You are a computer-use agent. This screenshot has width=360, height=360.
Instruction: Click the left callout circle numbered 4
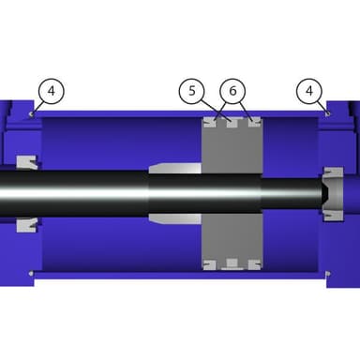[x=52, y=91]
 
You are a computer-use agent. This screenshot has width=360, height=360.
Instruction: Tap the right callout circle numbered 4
[x=309, y=91]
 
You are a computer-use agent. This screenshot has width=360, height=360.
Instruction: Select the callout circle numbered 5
[x=191, y=91]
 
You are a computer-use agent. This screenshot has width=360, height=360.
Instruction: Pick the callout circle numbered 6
[x=232, y=91]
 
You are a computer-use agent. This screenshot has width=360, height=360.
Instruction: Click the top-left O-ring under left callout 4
[x=31, y=114]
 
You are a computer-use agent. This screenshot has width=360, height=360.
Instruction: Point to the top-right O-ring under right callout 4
[x=327, y=113]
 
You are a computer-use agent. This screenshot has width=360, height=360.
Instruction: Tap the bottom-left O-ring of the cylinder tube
[x=31, y=274]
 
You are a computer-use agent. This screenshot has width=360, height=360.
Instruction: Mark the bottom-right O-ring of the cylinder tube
[x=327, y=274]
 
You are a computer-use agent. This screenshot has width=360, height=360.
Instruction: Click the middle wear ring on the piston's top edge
[x=232, y=122]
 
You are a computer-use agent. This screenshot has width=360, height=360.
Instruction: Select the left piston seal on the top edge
[x=209, y=122]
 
